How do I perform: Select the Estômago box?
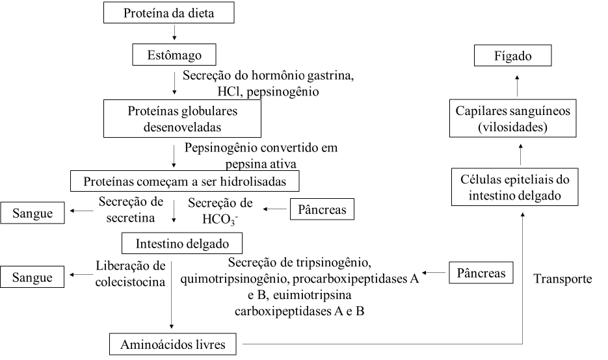pos(174,55)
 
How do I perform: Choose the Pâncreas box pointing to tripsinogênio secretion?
pos(481,273)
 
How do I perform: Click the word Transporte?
pos(562,279)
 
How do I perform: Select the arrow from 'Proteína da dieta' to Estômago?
pos(174,32)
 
